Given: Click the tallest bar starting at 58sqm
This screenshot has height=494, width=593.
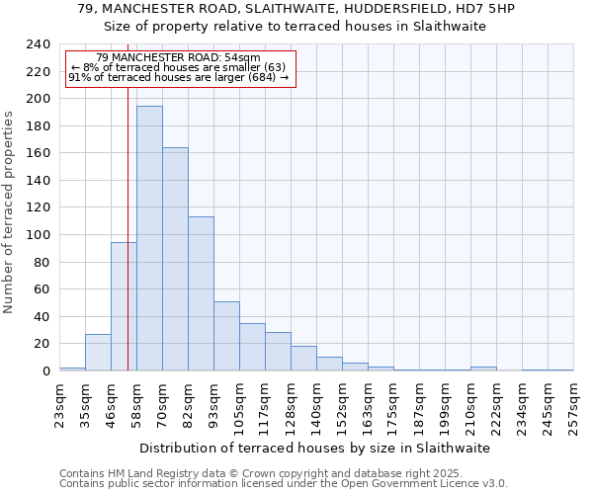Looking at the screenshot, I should [149, 238].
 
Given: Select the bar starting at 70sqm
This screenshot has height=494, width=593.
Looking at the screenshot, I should [175, 259].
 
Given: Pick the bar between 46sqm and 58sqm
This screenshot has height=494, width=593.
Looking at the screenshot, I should [124, 306].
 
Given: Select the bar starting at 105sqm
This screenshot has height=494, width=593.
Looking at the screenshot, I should [252, 347].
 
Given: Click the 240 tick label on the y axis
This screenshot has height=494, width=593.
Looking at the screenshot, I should [39, 44].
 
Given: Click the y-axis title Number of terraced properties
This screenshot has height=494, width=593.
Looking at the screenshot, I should [10, 212].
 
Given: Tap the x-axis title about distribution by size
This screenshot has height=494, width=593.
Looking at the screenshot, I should [314, 448].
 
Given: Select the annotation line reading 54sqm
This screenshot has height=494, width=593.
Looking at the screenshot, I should [179, 58].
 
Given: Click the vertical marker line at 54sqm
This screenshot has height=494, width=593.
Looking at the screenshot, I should [127, 227].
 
